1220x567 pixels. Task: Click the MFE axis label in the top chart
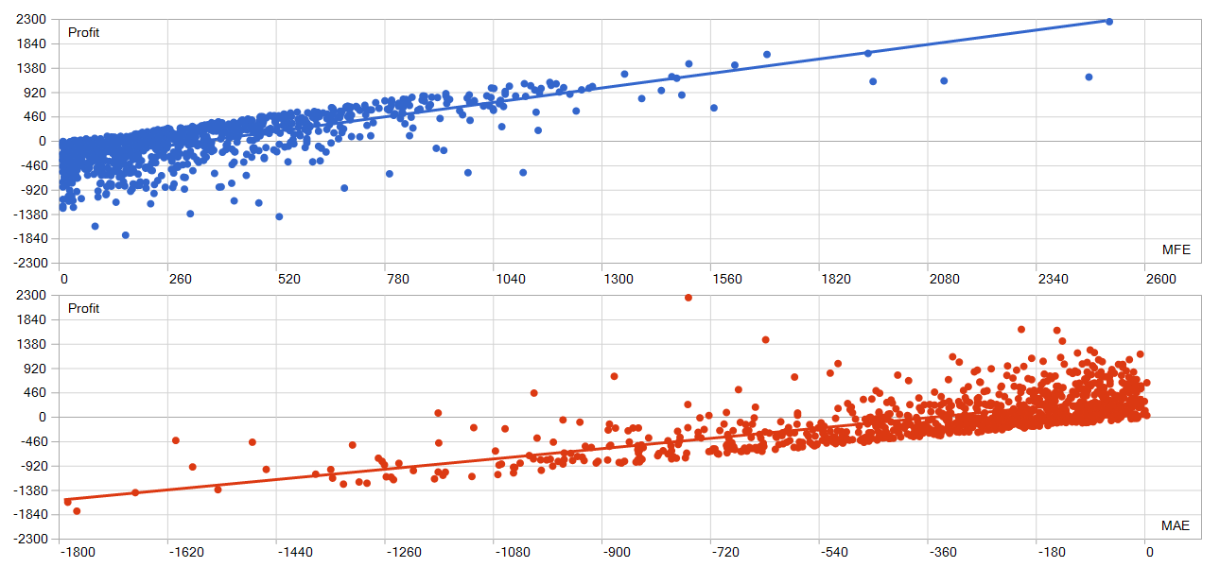(x=1176, y=249)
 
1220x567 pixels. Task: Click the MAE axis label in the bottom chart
(x=1176, y=525)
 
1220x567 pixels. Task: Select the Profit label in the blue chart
(x=83, y=33)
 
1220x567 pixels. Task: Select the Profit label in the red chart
(x=83, y=309)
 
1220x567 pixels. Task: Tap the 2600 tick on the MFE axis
(x=1160, y=279)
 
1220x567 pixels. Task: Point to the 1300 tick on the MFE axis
(x=619, y=279)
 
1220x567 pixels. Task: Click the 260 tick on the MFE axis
(x=180, y=279)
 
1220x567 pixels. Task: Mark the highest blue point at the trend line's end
(x=1109, y=22)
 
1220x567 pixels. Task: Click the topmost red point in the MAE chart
(x=688, y=298)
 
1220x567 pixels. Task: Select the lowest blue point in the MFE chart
(x=125, y=235)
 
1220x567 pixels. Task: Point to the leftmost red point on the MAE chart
(x=67, y=502)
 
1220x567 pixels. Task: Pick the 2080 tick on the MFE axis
(x=944, y=279)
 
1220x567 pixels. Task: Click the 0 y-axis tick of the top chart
(x=42, y=141)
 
